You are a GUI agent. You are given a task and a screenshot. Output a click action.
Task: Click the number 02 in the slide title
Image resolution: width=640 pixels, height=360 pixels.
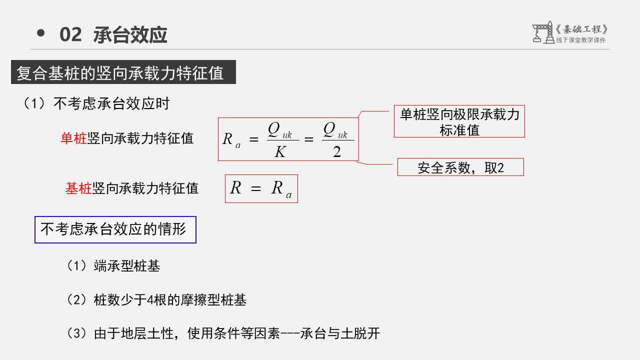[x=70, y=35]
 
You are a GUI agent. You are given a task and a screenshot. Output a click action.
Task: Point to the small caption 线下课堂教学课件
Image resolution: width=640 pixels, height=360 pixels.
[x=580, y=40]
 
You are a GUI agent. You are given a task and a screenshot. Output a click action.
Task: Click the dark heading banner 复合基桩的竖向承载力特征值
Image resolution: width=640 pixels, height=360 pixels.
[x=123, y=73]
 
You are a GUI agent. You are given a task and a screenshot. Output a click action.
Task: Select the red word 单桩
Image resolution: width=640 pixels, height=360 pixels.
[x=73, y=138]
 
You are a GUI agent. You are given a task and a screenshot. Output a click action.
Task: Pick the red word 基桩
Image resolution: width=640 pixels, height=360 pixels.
[x=78, y=188]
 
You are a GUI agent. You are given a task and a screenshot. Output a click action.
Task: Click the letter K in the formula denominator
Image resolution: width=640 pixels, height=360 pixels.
[x=279, y=151]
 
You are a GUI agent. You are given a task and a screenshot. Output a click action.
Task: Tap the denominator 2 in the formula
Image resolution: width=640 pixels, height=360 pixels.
[x=337, y=152]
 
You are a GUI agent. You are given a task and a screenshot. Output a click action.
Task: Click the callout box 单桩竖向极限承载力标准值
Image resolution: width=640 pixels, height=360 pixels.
[x=459, y=121]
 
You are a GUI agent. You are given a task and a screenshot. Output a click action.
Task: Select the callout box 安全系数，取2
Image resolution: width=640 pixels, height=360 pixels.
[x=460, y=167]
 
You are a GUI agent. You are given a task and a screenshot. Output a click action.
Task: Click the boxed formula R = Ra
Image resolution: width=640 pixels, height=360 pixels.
[x=261, y=188]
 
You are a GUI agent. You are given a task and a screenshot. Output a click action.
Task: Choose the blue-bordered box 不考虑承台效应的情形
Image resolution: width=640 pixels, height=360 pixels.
[x=115, y=229]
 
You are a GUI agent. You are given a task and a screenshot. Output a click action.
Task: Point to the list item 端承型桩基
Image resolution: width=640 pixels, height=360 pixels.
[x=127, y=265]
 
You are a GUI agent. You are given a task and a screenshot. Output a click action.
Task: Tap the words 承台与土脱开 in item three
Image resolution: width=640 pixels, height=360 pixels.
[x=340, y=333]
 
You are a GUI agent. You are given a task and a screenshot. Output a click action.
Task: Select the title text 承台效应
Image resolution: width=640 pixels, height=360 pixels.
[x=130, y=35]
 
